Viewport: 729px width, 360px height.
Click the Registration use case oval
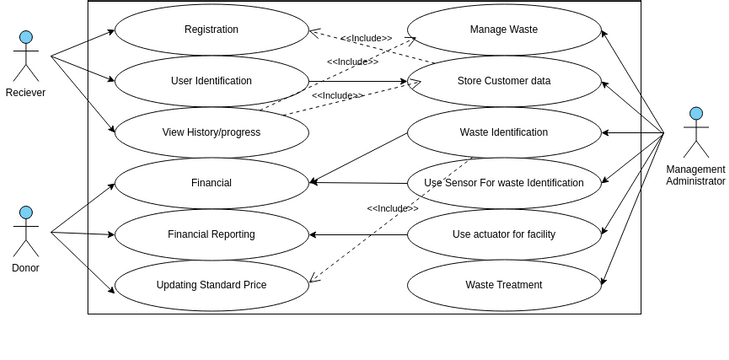coord(211,30)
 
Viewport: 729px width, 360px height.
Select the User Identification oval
coord(211,81)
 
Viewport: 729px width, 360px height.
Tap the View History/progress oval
coord(211,132)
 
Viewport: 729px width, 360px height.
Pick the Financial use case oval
coord(211,183)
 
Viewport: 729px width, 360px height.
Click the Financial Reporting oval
coord(211,234)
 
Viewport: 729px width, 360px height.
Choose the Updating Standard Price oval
coord(211,285)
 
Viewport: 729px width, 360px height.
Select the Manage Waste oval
coord(503,30)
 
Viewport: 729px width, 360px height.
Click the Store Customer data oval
coord(503,81)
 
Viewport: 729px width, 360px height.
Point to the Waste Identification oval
coord(503,132)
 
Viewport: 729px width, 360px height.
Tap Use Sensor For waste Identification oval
coord(503,183)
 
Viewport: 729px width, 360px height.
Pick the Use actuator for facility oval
coord(503,234)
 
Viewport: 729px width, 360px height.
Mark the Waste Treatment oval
coord(503,285)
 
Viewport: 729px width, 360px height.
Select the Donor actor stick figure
coord(26,231)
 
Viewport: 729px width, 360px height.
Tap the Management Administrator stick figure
coord(696,132)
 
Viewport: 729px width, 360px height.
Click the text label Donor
coord(26,268)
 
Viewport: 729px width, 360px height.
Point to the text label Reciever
coord(26,93)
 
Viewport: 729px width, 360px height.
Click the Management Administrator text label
coord(696,175)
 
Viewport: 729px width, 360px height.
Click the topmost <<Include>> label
coord(366,38)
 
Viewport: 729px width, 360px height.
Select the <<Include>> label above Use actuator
coord(392,208)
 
